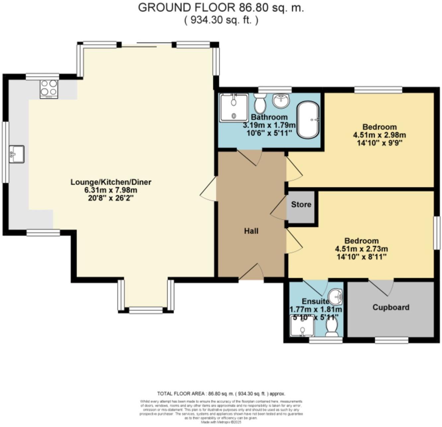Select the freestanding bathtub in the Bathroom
308,120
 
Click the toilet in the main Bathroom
259,103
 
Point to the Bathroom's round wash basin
281,100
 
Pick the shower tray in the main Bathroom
234,107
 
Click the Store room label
301,205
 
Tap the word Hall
251,231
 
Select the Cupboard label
391,307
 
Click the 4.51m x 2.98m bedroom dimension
379,135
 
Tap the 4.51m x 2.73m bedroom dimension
361,249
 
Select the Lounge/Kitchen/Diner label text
111,182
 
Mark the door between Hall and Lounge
208,189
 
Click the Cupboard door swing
381,287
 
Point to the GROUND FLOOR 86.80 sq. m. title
221,7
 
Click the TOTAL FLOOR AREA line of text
221,394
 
